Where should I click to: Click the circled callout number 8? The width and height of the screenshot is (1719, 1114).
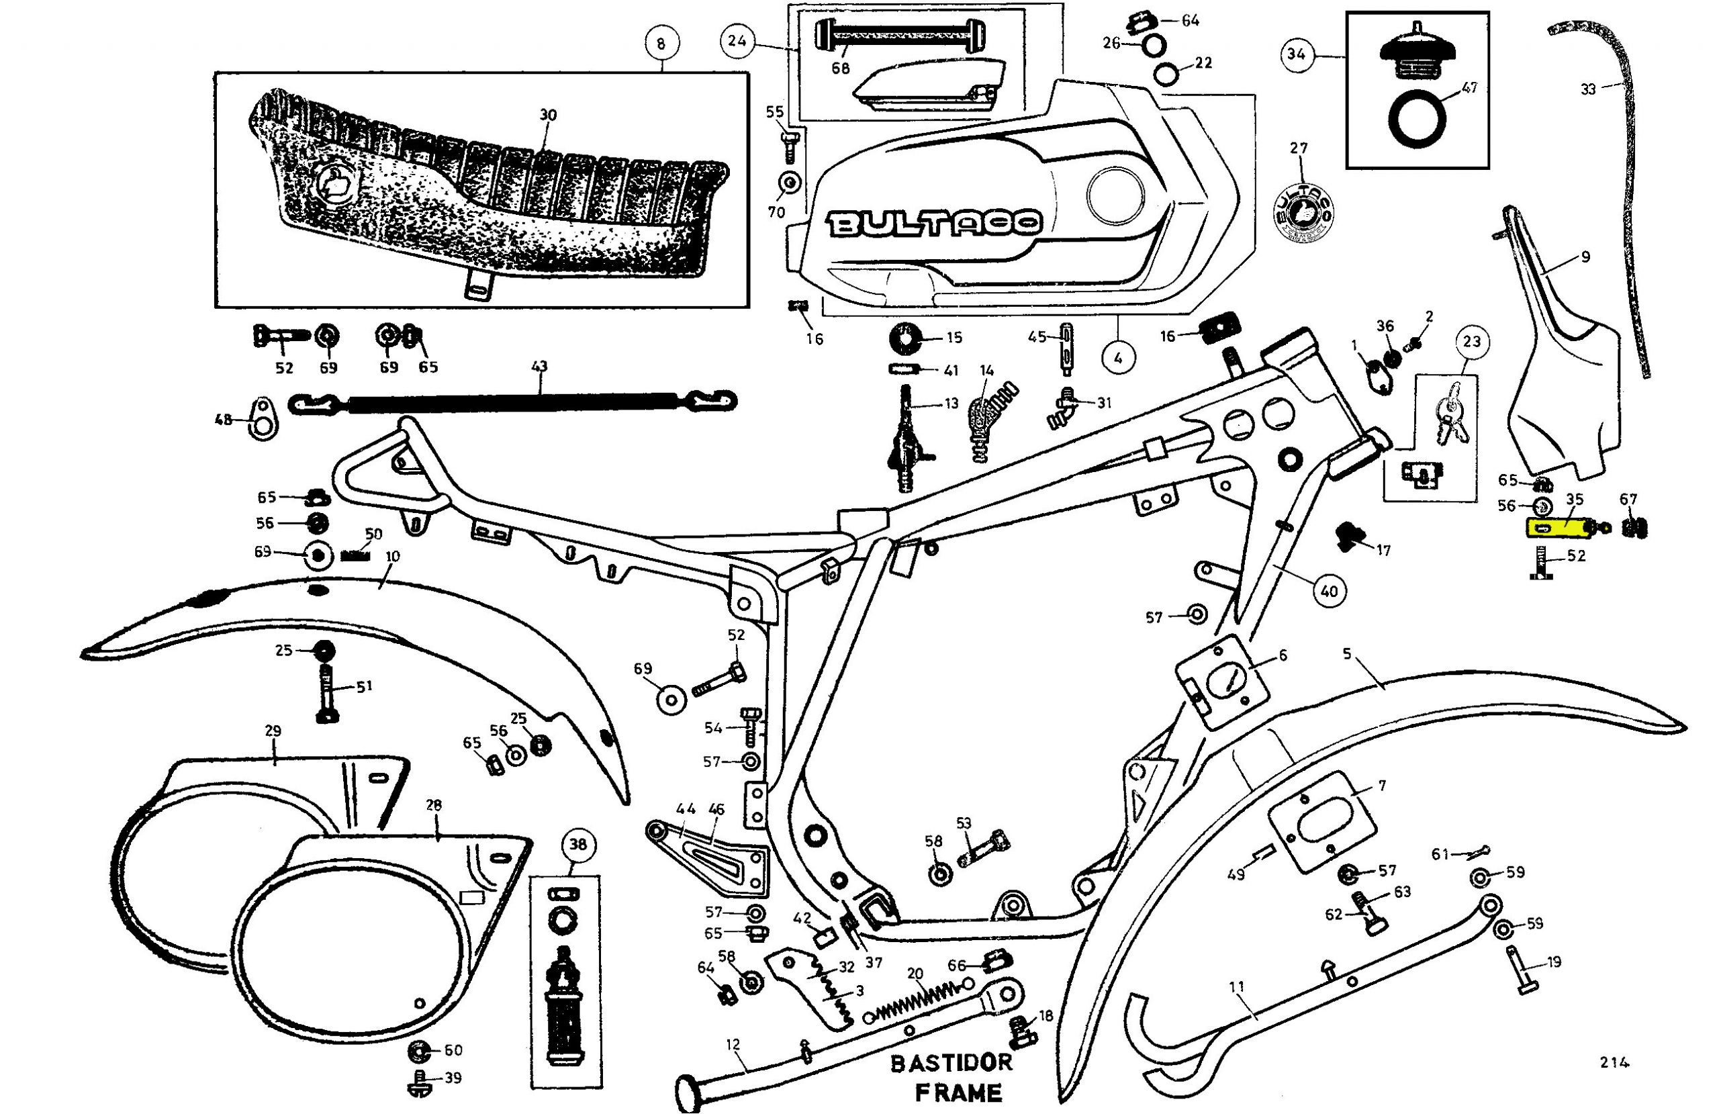click(661, 44)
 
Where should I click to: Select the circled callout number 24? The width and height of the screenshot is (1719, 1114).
click(737, 41)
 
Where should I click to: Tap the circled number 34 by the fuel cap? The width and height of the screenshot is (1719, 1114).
click(1297, 54)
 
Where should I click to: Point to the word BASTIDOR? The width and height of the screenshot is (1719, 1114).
click(951, 1063)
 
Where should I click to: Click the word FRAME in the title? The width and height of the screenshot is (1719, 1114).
click(958, 1092)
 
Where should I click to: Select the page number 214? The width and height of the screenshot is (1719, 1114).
click(1614, 1062)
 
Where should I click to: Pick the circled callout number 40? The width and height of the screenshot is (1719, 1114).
click(1329, 591)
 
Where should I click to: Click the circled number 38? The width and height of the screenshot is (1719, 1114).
click(578, 845)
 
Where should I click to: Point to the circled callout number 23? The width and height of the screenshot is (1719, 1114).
click(1472, 341)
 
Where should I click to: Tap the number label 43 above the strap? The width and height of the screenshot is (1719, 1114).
click(539, 366)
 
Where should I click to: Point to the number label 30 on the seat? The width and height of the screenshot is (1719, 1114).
click(548, 115)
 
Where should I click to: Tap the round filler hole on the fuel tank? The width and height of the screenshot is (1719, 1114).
click(1116, 193)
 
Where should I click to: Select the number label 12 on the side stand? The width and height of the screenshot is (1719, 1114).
click(733, 1044)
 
